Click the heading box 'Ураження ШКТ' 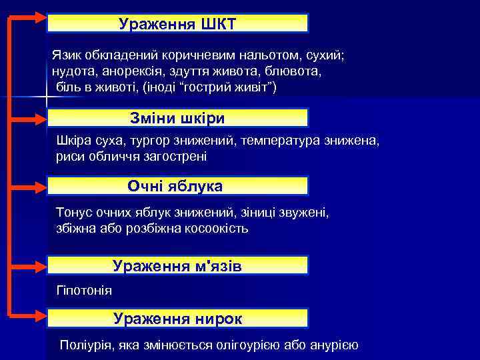pyautogui.click(x=177, y=23)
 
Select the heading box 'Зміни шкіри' pyautogui.click(x=177, y=118)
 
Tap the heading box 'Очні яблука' pyautogui.click(x=177, y=185)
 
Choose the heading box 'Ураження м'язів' pyautogui.click(x=177, y=265)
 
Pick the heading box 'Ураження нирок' pyautogui.click(x=177, y=318)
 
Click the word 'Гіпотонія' pyautogui.click(x=85, y=291)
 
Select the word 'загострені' pyautogui.click(x=177, y=157)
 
